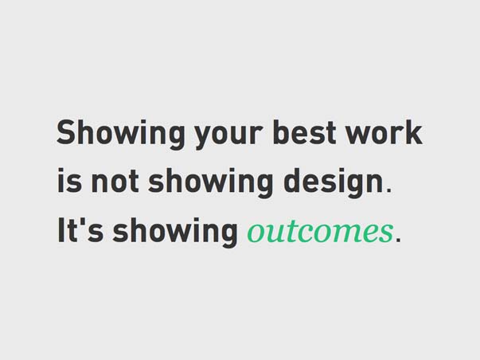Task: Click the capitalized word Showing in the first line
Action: tap(121, 134)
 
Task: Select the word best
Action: tap(304, 132)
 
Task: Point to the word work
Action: tap(384, 132)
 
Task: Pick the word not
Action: tap(114, 182)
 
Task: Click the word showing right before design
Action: tap(210, 182)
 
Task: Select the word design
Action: tap(334, 182)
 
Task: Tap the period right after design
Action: tap(388, 190)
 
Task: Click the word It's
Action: tap(80, 230)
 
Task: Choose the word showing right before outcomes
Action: tap(175, 232)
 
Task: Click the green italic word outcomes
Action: tap(320, 232)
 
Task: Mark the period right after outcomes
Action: tap(398, 239)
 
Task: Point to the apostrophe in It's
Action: tap(83, 222)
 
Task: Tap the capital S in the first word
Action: tap(67, 132)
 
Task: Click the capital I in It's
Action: tap(61, 230)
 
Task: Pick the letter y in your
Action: tap(205, 138)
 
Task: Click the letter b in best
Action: tap(281, 132)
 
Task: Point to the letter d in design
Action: tap(291, 181)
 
